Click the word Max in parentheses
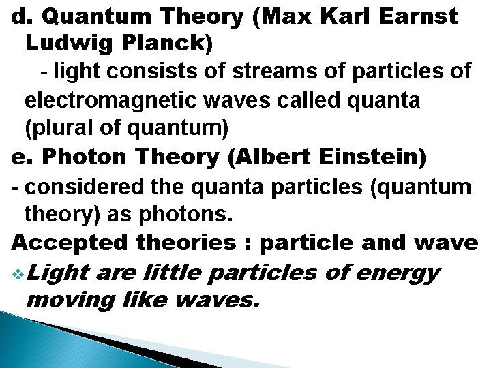pyautogui.click(x=282, y=16)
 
